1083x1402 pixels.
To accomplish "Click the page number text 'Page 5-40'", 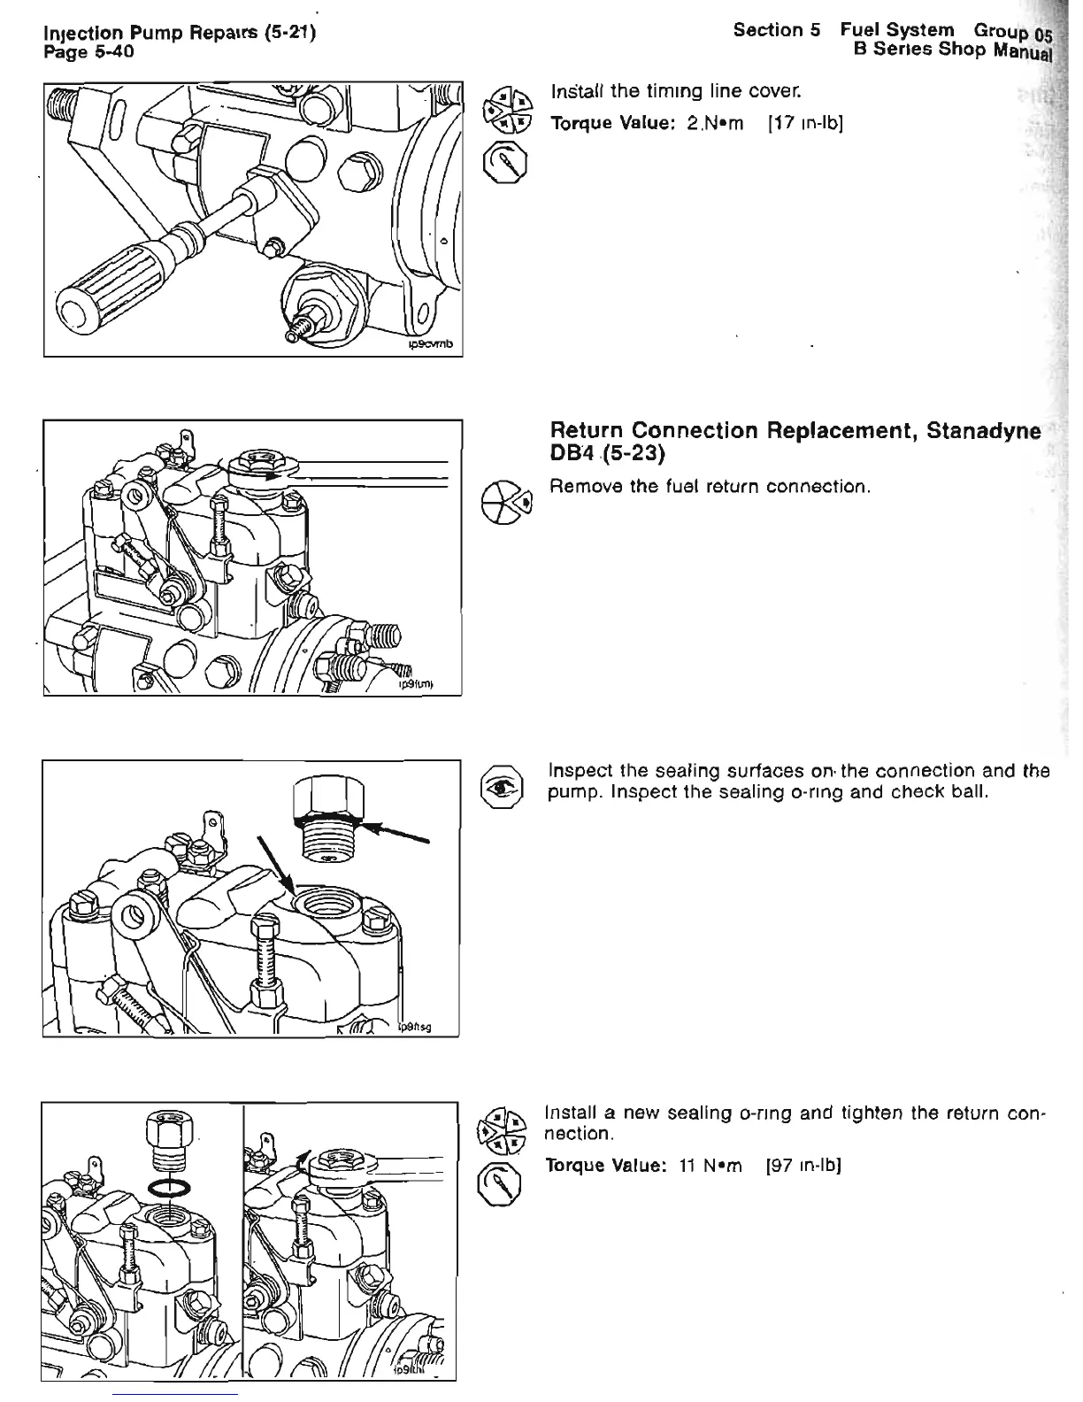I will (x=88, y=52).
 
